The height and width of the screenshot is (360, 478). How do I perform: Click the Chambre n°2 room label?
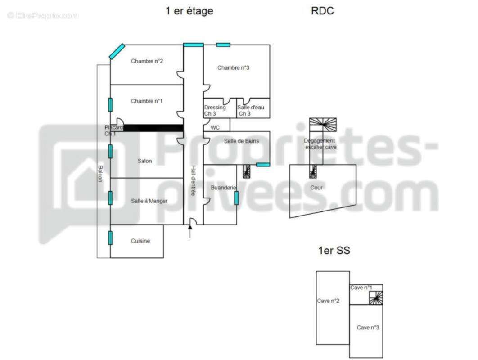(147, 61)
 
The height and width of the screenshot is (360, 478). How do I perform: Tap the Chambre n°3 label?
(233, 68)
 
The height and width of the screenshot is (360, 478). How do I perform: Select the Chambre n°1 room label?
(147, 101)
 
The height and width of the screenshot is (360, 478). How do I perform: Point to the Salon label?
(145, 161)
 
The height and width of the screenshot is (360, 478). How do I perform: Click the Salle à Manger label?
(149, 201)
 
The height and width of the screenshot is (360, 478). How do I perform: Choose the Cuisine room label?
(140, 241)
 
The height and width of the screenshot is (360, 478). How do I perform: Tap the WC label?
(215, 128)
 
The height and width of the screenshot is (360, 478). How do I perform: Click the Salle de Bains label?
(241, 141)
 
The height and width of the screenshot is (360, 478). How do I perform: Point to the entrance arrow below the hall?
(190, 231)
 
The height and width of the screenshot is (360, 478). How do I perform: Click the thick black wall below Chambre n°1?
(153, 128)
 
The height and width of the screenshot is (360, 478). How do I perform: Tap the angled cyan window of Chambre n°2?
(117, 51)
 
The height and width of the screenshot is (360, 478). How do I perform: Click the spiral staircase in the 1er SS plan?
(376, 297)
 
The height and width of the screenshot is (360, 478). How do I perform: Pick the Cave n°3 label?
(368, 328)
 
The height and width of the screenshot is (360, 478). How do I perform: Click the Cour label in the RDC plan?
(316, 188)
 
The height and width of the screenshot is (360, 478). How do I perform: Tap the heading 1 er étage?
(189, 11)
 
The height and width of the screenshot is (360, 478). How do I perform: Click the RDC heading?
(322, 11)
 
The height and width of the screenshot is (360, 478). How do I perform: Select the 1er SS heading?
(334, 251)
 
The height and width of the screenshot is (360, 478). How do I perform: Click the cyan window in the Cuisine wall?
(110, 238)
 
